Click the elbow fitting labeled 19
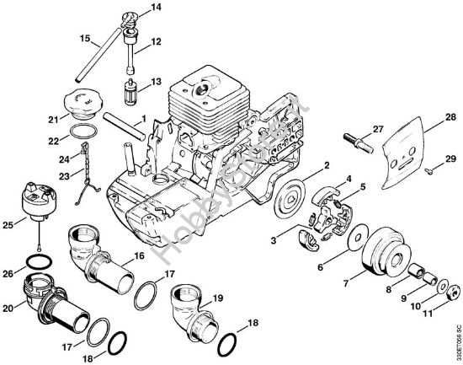coord(190,307)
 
